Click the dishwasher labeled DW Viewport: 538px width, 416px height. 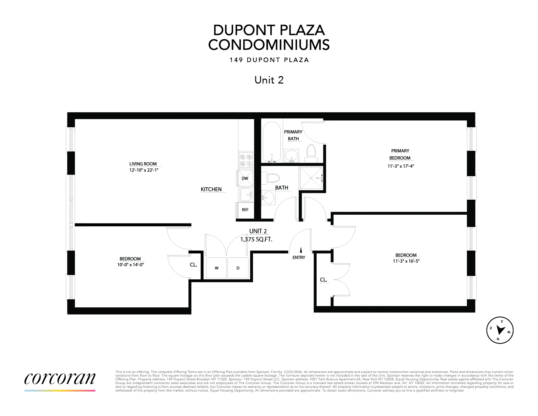pyautogui.click(x=245, y=178)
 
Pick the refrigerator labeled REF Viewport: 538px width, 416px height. pyautogui.click(x=245, y=210)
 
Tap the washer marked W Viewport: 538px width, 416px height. pyautogui.click(x=217, y=268)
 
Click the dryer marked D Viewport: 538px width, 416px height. pyautogui.click(x=238, y=268)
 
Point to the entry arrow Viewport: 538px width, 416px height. pyautogui.click(x=301, y=250)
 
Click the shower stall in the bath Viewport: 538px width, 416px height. pyautogui.click(x=311, y=178)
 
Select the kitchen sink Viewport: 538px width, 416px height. pyautogui.click(x=246, y=195)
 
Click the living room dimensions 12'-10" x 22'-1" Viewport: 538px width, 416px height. pyautogui.click(x=143, y=170)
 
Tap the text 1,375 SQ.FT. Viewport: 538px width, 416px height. pyautogui.click(x=256, y=239)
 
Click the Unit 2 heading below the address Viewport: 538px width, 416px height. pyautogui.click(x=269, y=80)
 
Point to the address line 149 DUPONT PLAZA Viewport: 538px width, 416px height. pyautogui.click(x=269, y=60)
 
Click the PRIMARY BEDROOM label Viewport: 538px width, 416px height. pyautogui.click(x=400, y=154)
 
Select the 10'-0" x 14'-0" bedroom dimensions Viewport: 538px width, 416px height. pyautogui.click(x=130, y=265)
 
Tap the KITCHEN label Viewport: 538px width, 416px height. pyautogui.click(x=211, y=189)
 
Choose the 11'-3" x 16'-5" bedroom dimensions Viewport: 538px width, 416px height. pyautogui.click(x=406, y=261)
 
